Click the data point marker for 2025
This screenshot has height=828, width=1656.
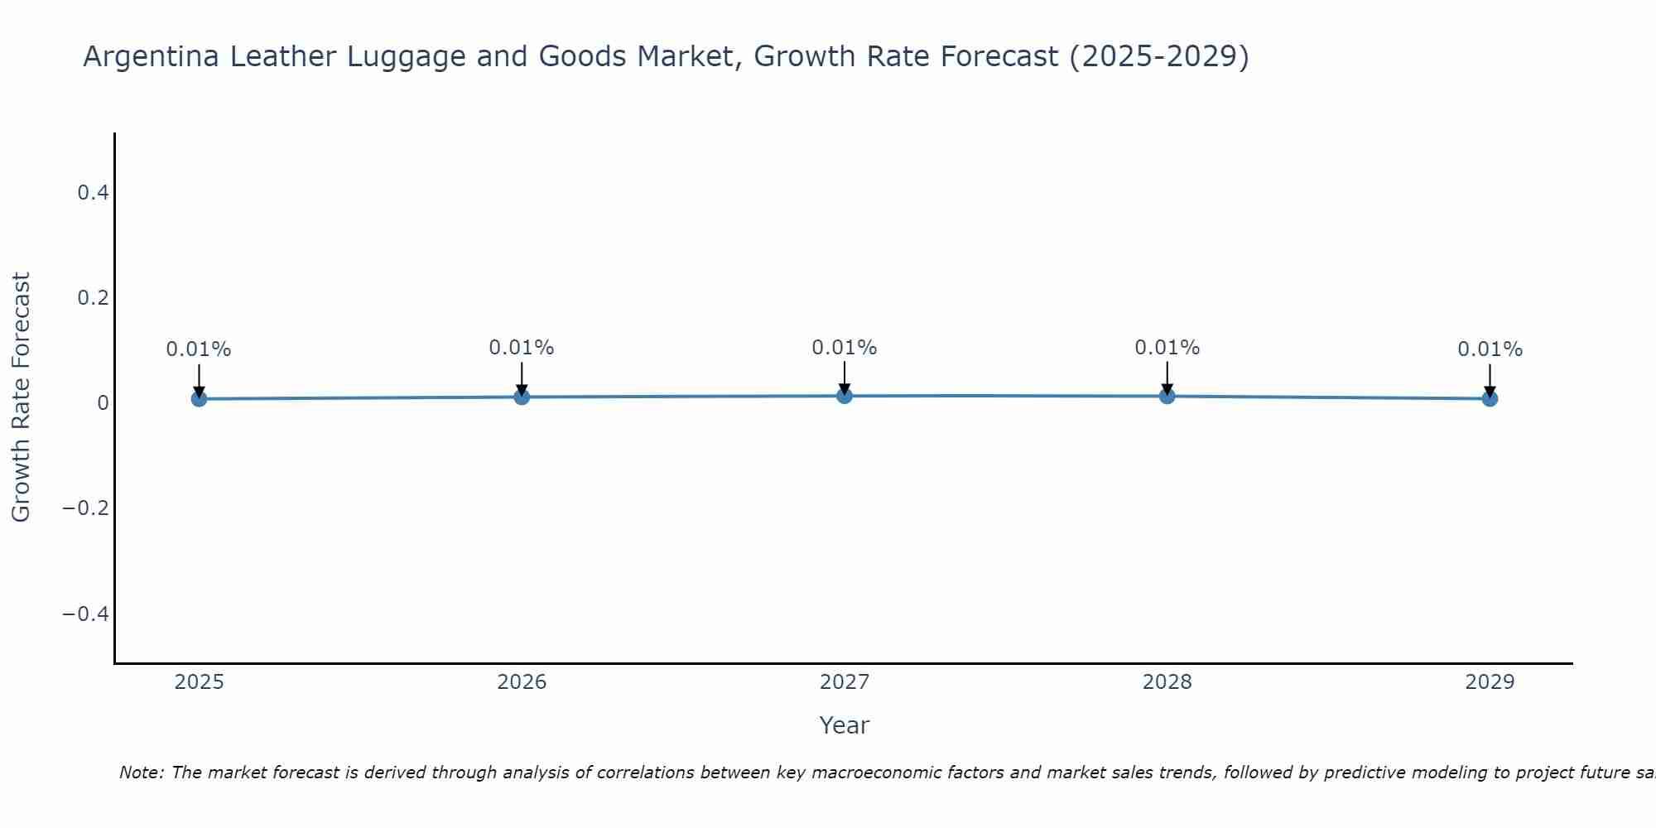click(199, 399)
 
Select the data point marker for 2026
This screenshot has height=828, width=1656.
click(522, 397)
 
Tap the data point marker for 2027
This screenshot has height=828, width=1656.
click(845, 396)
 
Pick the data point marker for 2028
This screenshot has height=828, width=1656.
click(1167, 396)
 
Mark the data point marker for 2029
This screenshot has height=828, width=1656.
click(1490, 399)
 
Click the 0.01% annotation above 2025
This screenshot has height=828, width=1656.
click(199, 349)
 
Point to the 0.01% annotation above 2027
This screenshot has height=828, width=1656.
click(845, 348)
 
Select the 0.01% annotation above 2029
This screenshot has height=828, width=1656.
click(1490, 349)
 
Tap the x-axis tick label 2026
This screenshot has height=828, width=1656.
click(522, 682)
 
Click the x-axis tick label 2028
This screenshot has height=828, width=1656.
click(1167, 682)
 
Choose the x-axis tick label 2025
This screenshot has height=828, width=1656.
click(199, 682)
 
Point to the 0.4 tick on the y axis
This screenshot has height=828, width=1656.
click(93, 193)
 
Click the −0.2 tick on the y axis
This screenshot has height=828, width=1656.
click(86, 508)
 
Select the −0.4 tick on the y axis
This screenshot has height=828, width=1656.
click(86, 614)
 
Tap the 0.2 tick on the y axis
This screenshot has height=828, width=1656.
click(93, 297)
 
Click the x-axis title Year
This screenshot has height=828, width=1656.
click(844, 725)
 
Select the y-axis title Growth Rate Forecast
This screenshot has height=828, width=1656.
click(21, 397)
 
